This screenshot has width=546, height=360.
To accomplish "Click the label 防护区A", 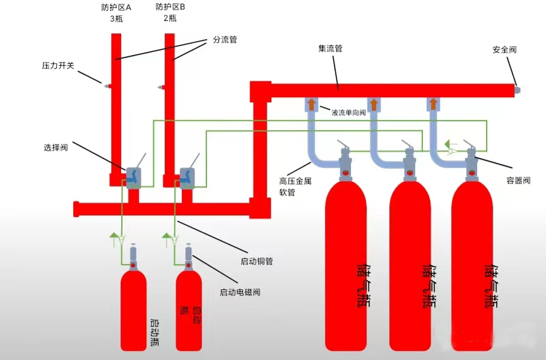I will click(116, 8).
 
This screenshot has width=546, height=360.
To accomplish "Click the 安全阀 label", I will click(504, 49).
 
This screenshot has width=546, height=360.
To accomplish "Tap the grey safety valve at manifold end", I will click(517, 90).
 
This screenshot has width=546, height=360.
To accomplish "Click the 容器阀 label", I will click(519, 179).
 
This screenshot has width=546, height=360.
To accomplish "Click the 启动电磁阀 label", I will click(240, 292).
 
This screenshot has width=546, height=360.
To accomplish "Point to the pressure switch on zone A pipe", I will click(106, 85).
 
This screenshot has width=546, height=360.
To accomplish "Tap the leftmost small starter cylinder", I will click(133, 309).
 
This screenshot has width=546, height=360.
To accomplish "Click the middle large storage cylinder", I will click(410, 265).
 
